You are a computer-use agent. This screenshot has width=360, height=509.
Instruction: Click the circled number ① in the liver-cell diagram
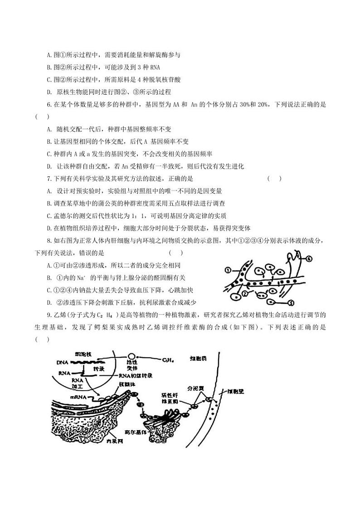coord(228,271)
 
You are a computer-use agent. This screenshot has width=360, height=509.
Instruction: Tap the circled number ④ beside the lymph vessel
coord(309,259)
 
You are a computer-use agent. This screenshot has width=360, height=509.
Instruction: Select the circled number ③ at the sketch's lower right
coord(292,302)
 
